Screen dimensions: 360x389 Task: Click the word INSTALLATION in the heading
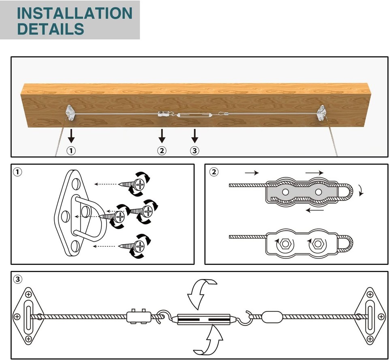(75, 13)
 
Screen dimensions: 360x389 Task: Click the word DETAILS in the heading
(51, 29)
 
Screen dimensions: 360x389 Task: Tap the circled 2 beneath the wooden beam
(162, 151)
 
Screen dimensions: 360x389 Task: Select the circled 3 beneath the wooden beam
(195, 151)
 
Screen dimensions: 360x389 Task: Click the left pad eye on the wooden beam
(70, 112)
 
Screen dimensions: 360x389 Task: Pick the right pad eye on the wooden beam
(321, 113)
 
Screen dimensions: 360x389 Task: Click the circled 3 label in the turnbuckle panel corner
(17, 279)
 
